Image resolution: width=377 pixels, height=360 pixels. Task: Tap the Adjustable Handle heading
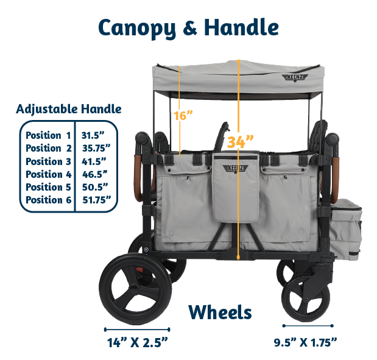coord(69,110)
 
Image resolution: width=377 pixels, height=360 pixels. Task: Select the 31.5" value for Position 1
coord(93,135)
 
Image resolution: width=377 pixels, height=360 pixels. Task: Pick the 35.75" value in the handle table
coord(96,148)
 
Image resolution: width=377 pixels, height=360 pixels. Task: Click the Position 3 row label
coord(49,161)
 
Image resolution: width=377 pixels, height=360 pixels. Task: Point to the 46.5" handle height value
coord(94,174)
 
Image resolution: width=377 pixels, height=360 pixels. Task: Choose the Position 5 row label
coord(49,187)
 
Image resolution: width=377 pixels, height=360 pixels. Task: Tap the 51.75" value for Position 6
coord(96,200)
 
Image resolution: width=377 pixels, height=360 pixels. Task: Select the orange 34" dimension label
coord(239,142)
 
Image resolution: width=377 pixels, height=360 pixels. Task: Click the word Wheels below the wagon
coord(220,312)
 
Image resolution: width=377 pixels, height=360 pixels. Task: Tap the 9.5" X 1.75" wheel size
coord(306,342)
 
